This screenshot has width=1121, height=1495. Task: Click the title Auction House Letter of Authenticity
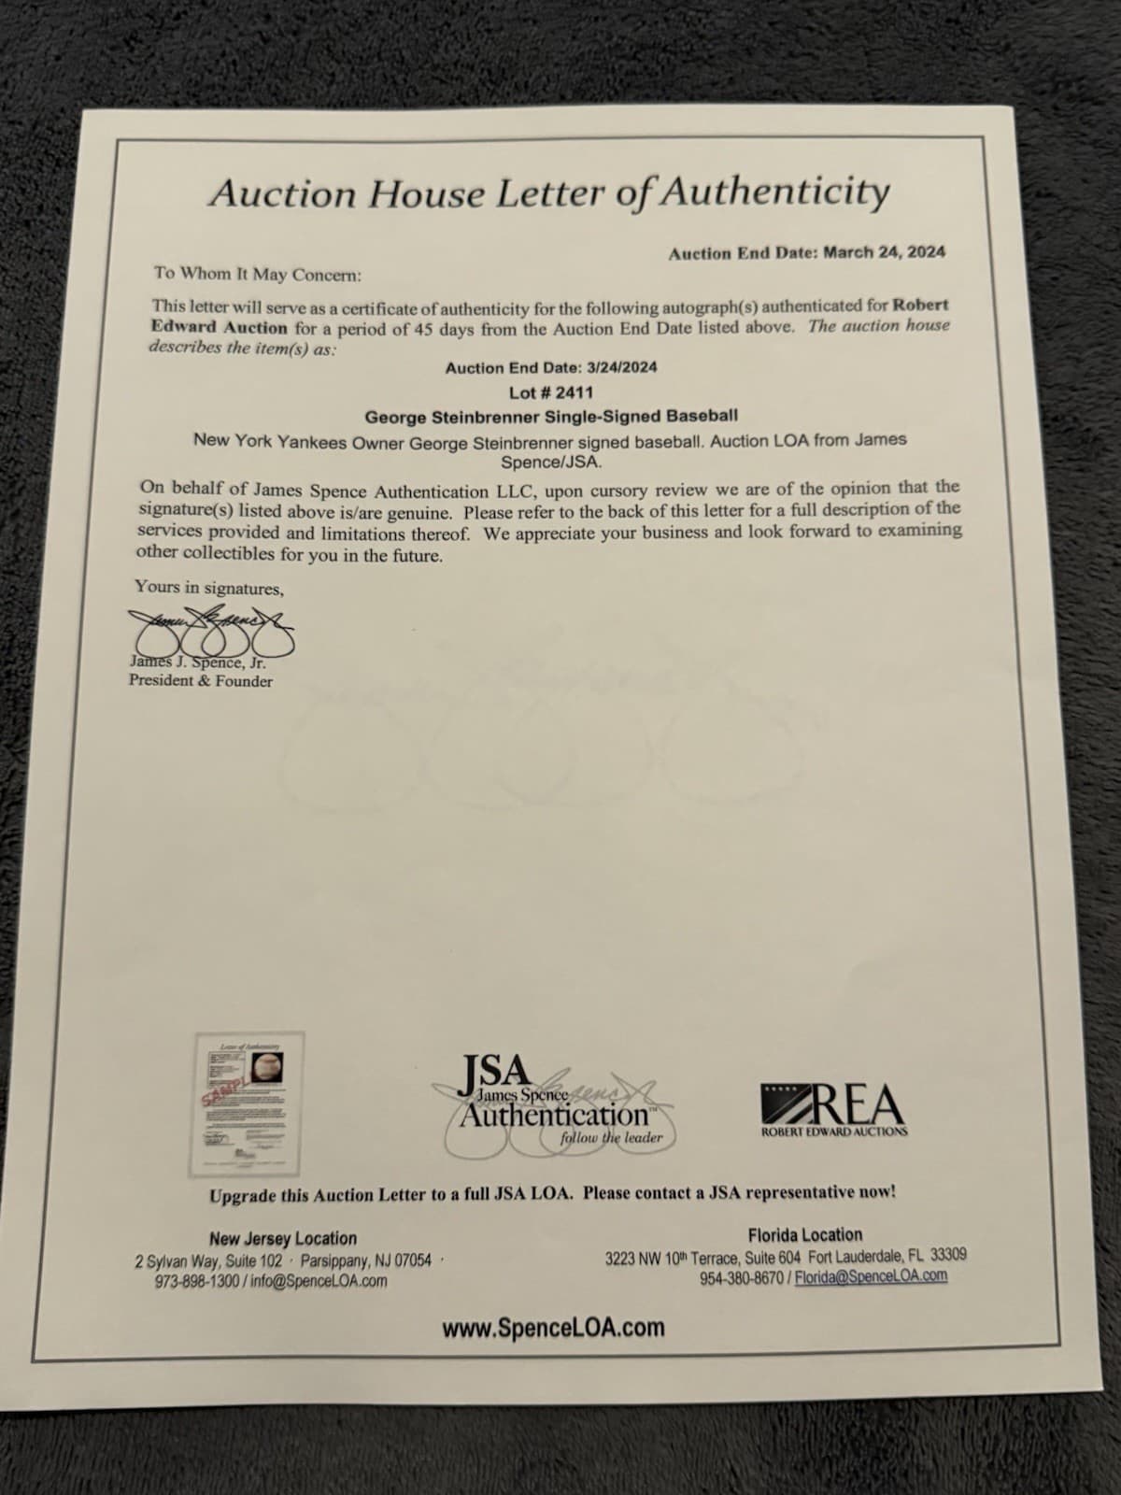click(x=548, y=193)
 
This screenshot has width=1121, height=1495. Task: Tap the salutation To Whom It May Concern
click(x=257, y=274)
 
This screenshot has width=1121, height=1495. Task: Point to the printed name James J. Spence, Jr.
click(x=197, y=662)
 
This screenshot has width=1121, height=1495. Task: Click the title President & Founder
click(x=201, y=681)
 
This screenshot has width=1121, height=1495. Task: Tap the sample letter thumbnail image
click(x=239, y=1104)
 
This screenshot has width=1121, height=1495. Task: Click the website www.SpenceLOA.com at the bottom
click(x=553, y=1328)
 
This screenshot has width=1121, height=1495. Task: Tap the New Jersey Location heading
click(x=282, y=1238)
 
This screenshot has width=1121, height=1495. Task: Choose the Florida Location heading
click(x=804, y=1234)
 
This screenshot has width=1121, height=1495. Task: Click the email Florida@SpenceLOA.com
click(x=871, y=1276)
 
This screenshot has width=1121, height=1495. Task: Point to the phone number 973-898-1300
click(x=197, y=1281)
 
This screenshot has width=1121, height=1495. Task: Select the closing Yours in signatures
click(x=208, y=588)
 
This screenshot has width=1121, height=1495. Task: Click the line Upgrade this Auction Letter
click(x=552, y=1193)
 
